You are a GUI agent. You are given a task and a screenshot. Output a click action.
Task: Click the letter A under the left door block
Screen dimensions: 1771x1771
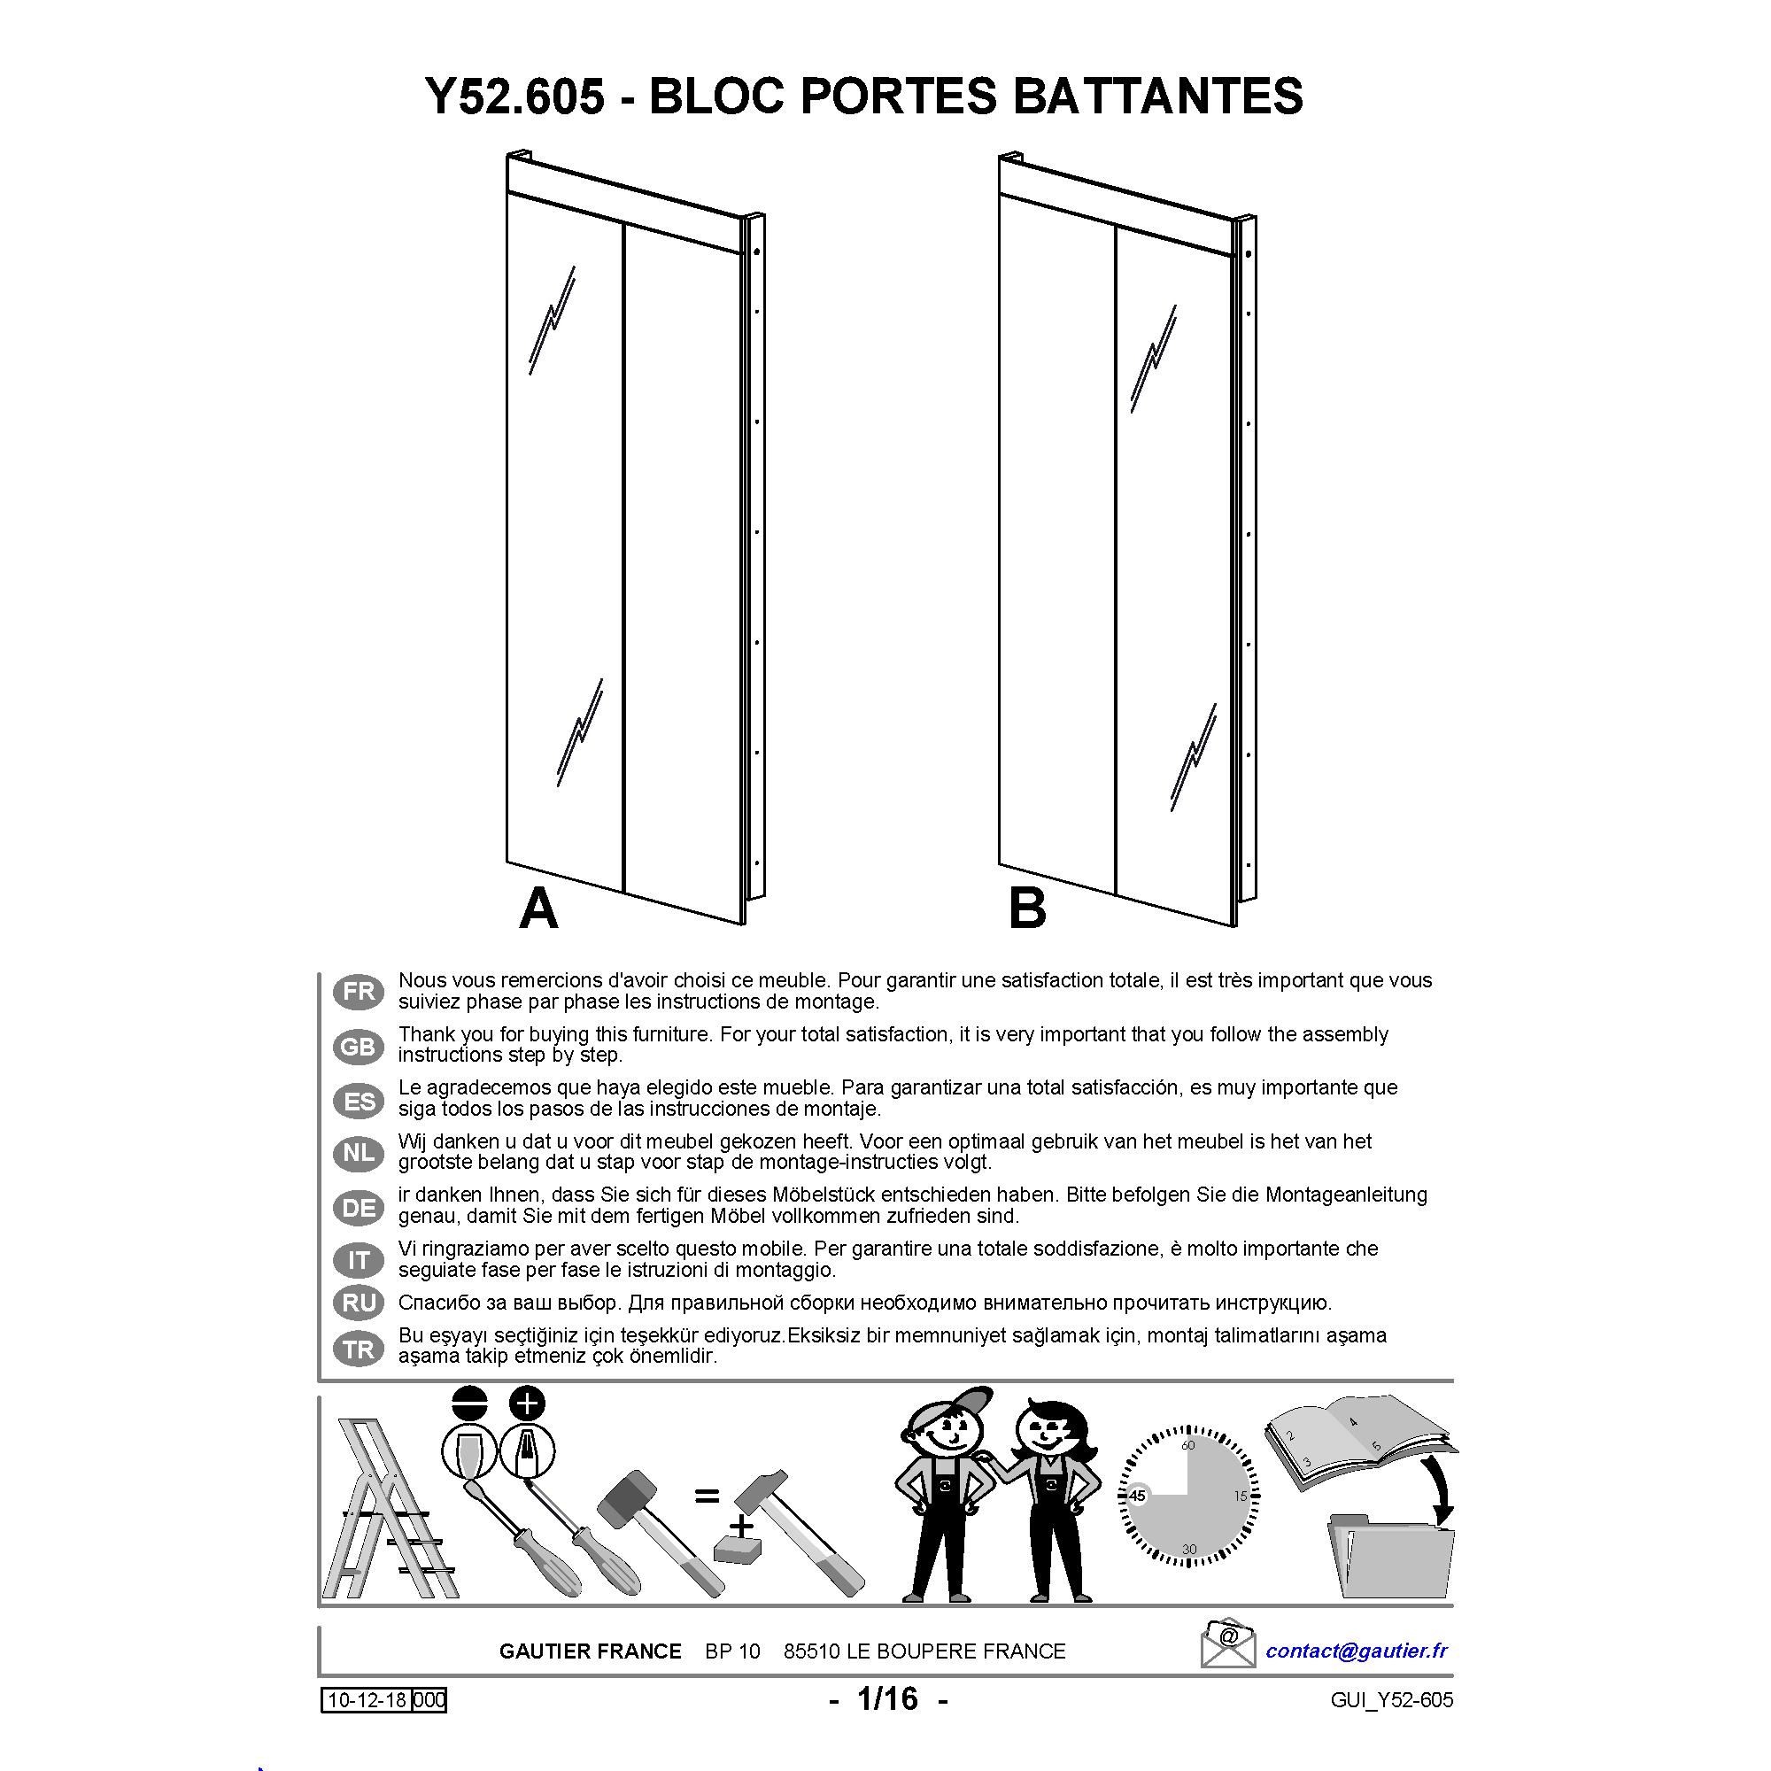point(539,909)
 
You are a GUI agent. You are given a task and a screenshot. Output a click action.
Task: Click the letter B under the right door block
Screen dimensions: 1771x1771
point(1026,909)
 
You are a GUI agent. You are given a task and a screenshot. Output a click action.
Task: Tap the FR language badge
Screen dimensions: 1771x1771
point(359,991)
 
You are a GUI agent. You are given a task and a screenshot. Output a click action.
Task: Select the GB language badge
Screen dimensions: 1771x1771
point(359,1046)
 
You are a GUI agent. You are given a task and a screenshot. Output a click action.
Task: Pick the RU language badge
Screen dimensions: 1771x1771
point(359,1303)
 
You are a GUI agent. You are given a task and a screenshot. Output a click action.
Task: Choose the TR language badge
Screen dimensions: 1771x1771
point(359,1350)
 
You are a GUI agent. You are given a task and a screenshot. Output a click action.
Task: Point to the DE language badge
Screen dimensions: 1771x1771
point(359,1208)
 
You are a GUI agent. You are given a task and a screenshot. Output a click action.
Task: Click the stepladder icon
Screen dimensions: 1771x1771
point(389,1508)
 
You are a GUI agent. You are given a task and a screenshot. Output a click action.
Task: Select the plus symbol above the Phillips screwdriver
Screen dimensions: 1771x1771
point(527,1404)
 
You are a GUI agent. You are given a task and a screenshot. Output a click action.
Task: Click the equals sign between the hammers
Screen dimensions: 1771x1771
point(706,1496)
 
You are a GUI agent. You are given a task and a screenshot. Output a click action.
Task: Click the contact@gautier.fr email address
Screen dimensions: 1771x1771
point(1357,1651)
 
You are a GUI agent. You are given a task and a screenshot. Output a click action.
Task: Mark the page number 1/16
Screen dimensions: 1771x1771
point(886,1698)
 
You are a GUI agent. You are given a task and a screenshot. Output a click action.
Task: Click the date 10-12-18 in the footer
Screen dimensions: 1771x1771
point(367,1700)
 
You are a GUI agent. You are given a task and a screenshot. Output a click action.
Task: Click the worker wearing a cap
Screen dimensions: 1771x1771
point(944,1504)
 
